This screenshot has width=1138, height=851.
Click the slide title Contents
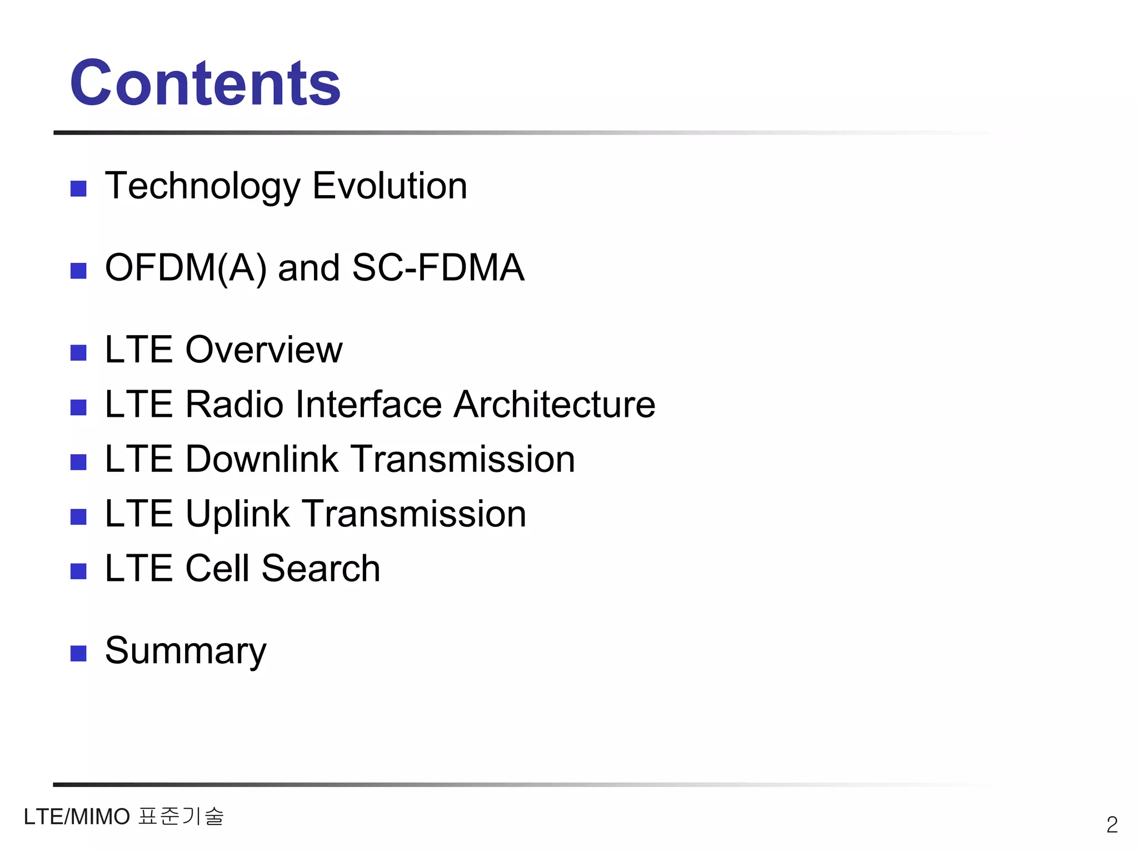(x=205, y=83)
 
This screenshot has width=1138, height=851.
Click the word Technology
(x=202, y=186)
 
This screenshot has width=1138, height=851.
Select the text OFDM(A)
(x=186, y=268)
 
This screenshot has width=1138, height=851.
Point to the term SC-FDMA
(x=438, y=267)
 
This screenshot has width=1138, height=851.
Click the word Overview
(x=263, y=350)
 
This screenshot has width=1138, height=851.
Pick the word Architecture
(x=554, y=404)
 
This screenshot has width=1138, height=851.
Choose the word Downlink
(x=262, y=459)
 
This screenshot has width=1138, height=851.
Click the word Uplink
(x=237, y=514)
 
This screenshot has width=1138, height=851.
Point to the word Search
(x=321, y=569)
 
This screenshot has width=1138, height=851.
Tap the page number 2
(x=1112, y=824)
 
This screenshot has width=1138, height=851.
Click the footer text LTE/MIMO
(x=77, y=817)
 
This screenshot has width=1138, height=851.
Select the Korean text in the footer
(x=181, y=816)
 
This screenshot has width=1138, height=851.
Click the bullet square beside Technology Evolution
(x=78, y=189)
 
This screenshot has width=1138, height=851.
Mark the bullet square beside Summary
(x=78, y=654)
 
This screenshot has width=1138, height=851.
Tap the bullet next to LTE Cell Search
(x=78, y=571)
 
